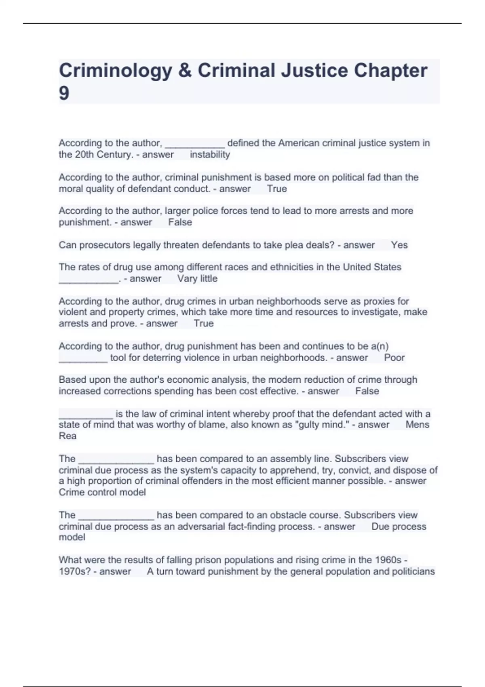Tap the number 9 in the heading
64,94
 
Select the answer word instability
210,155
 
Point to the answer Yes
399,245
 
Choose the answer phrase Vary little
197,279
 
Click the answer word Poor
394,358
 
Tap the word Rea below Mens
67,436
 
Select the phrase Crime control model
102,492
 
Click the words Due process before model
399,527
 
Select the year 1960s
388,560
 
